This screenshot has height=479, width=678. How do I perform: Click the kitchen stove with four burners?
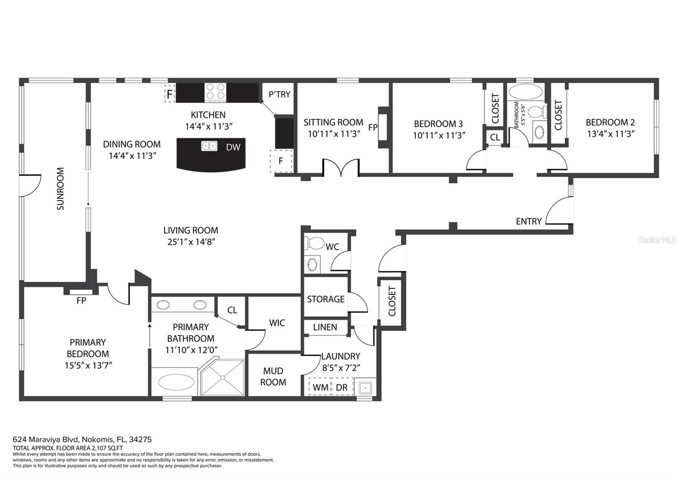pyautogui.click(x=216, y=92)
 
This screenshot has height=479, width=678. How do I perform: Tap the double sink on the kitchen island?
pyautogui.click(x=209, y=146)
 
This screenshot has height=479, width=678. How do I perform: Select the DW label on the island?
pyautogui.click(x=233, y=148)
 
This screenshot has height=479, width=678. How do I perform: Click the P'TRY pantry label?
pyautogui.click(x=279, y=95)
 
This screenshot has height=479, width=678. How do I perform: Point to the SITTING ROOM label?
pyautogui.click(x=333, y=123)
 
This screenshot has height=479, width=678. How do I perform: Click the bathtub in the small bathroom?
pyautogui.click(x=526, y=92)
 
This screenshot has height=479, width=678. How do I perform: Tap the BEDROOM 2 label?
pyautogui.click(x=610, y=123)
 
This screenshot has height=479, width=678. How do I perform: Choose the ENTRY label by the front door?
pyautogui.click(x=528, y=221)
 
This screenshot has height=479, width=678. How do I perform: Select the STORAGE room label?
pyautogui.click(x=326, y=299)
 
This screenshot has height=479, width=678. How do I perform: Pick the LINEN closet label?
pyautogui.click(x=325, y=327)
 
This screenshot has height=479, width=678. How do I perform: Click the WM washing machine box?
pyautogui.click(x=320, y=387)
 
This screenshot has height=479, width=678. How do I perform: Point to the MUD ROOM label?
pyautogui.click(x=273, y=376)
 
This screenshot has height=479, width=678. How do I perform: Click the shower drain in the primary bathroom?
pyautogui.click(x=223, y=378)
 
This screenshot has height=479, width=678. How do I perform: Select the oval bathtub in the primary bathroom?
pyautogui.click(x=176, y=382)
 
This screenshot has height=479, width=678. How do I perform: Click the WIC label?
pyautogui.click(x=277, y=323)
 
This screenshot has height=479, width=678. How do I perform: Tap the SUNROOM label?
pyautogui.click(x=61, y=189)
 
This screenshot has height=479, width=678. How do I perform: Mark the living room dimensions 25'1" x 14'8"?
pyautogui.click(x=191, y=242)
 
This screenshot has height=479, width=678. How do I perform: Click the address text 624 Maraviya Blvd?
pyautogui.click(x=46, y=439)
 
